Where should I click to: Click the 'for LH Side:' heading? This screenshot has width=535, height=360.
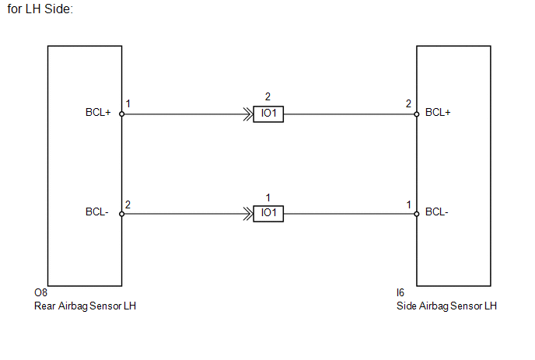tap(40, 9)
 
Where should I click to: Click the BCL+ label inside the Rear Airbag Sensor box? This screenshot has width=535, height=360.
tap(98, 112)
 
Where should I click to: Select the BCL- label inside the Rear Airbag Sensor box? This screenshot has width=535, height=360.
tap(97, 212)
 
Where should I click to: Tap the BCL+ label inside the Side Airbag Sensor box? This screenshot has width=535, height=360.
tap(438, 112)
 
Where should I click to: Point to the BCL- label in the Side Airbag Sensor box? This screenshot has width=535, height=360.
tap(437, 212)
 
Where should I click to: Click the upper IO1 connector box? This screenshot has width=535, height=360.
tap(268, 114)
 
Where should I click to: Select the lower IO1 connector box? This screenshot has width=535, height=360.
tap(268, 214)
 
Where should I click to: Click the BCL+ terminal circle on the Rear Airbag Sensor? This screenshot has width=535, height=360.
tap(122, 114)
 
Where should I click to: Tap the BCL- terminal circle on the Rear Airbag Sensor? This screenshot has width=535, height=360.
tap(122, 214)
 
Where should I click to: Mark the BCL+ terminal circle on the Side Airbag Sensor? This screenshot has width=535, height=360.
tap(417, 114)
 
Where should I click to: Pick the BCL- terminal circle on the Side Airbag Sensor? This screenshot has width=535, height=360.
tap(417, 214)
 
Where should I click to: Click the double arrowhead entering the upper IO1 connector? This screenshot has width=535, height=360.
tap(248, 114)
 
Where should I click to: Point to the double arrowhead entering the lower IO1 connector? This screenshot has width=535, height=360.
tap(248, 214)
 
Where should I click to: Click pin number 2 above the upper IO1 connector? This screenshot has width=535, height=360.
tap(267, 97)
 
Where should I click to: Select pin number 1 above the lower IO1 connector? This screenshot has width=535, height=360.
tap(268, 198)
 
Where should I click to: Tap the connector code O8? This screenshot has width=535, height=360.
tap(40, 293)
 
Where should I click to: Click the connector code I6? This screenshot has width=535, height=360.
tap(400, 293)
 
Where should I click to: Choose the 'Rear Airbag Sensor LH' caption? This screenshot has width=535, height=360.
tap(85, 306)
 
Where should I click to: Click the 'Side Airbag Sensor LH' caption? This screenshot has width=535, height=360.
tap(446, 306)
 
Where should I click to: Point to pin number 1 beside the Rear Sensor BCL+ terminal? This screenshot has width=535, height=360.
tap(128, 103)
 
